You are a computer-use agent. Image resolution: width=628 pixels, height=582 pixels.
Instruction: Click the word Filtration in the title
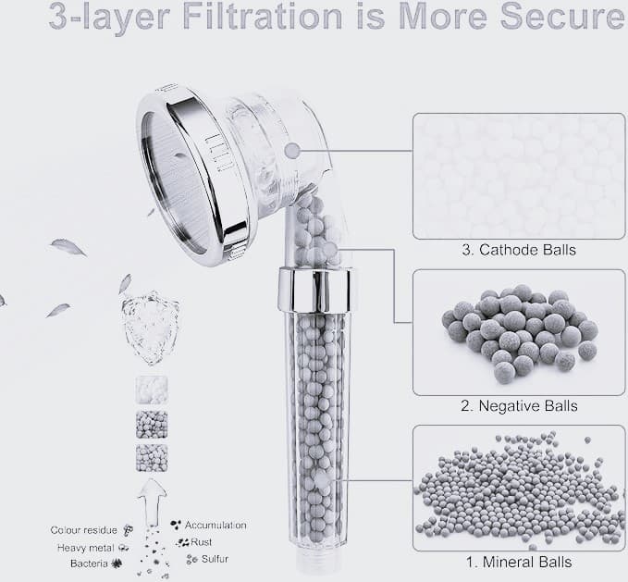pos(263,17)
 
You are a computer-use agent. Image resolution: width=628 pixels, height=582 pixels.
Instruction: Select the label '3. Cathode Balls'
pos(519,250)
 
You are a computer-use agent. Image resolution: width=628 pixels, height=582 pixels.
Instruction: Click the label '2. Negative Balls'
pos(519,406)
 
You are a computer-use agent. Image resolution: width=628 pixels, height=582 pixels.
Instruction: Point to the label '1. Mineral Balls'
pos(519,562)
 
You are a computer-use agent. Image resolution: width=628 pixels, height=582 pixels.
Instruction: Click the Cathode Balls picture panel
pos(519,176)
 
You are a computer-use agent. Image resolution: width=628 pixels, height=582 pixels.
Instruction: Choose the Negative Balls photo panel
pos(519,332)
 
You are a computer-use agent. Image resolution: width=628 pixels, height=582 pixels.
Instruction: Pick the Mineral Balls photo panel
pos(519,488)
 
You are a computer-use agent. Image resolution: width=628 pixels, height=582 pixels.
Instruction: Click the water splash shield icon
pos(151,328)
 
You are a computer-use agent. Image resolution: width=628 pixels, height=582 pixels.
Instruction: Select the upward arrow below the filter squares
pos(152,501)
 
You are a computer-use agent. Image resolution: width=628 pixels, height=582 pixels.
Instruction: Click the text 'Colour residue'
pos(84,530)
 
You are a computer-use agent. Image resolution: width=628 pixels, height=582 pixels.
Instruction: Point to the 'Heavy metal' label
pos(86,548)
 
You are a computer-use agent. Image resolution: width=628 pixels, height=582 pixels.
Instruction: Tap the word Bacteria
pos(89,563)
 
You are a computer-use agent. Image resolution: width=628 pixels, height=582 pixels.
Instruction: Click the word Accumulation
pos(215,525)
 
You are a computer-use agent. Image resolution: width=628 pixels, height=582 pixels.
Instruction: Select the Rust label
pos(202,542)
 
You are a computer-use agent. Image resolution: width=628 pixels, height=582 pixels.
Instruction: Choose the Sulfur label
pos(215,559)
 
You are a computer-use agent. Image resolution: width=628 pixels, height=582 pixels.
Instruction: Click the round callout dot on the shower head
pos(292,151)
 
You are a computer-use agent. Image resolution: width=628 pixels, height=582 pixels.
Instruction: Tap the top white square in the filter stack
pos(152,390)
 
